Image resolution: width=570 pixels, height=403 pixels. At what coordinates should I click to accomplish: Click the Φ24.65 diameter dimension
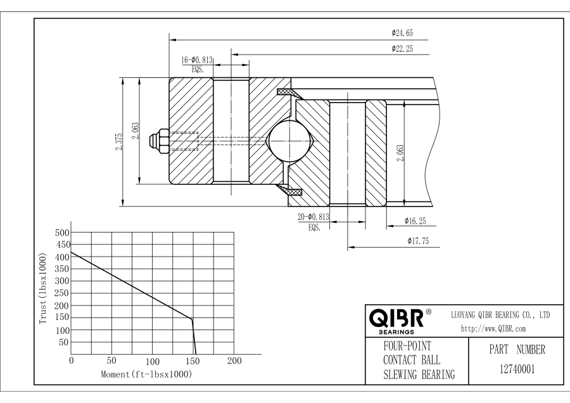(x=402, y=32)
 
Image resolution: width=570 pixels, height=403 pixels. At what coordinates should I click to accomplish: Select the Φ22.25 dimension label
(x=402, y=48)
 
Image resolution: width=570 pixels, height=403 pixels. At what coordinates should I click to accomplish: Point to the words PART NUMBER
(x=514, y=349)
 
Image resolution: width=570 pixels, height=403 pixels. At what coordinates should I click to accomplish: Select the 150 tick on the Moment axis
(x=193, y=361)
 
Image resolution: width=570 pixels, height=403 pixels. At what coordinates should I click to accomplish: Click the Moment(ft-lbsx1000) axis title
(x=146, y=374)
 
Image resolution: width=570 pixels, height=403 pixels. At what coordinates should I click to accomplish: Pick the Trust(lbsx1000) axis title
(x=42, y=290)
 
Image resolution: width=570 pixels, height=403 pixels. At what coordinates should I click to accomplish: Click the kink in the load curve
(x=192, y=319)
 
